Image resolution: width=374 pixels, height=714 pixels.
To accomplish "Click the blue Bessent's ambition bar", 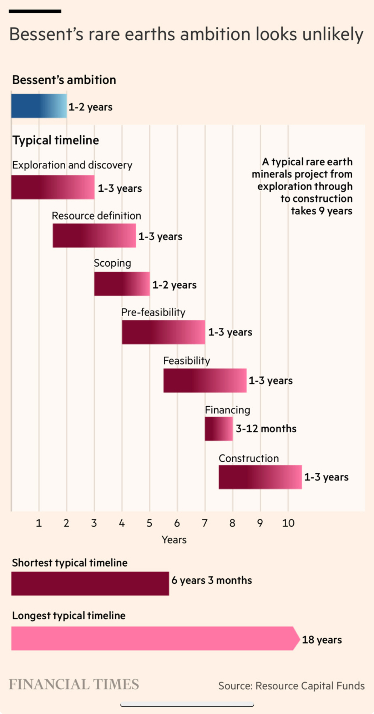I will point(39,106).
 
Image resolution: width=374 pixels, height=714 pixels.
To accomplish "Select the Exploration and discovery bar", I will point(53,187).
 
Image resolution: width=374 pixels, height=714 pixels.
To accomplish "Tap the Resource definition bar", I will point(94,236).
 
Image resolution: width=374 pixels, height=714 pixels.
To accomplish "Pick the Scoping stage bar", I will point(122,284).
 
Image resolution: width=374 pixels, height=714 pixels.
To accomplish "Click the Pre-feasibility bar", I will point(163,332).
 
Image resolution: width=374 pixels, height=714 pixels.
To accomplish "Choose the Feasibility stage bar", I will point(205,381).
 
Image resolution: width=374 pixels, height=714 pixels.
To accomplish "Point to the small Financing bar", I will point(219,429).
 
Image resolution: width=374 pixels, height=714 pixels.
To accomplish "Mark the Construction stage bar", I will point(260,477).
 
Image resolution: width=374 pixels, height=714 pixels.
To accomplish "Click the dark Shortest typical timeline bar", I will point(90,583).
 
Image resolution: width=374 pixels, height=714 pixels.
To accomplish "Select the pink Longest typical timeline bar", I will point(153,638).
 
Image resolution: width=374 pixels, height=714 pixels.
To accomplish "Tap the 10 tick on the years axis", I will point(288,523).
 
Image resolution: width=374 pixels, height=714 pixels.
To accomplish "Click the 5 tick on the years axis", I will point(149,523).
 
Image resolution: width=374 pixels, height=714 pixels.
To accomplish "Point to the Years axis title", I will point(174,540).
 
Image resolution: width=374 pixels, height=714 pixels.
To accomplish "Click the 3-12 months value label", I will point(266,429).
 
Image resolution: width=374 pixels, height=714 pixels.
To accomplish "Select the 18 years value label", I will point(322,640).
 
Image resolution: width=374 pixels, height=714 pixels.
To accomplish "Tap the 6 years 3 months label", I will point(212,580).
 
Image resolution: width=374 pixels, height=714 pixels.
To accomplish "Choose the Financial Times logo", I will point(74,684).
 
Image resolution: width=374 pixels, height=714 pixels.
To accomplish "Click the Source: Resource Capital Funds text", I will point(291,686).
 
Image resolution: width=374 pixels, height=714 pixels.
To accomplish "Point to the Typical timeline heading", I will point(56,140).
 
